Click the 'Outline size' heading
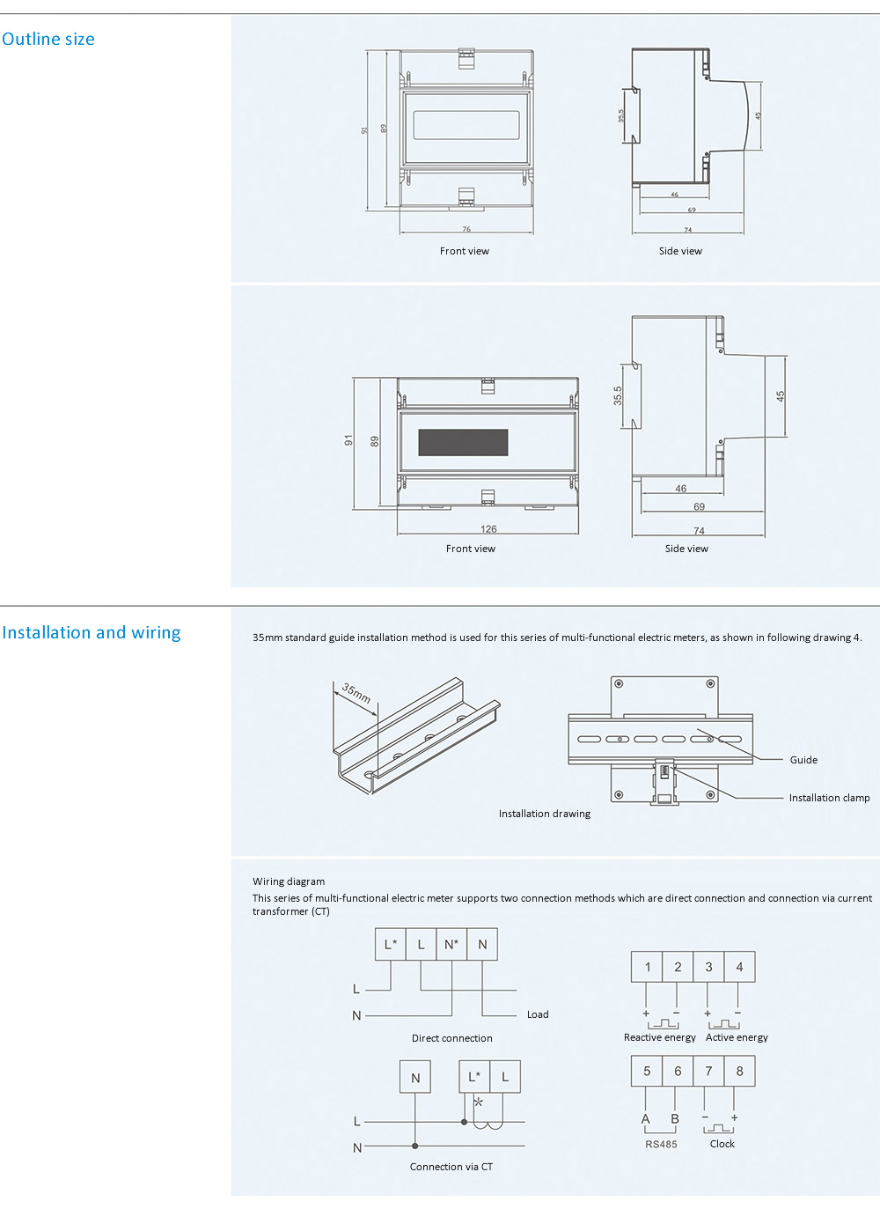(48, 39)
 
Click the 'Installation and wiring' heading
(92, 632)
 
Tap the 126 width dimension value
(488, 529)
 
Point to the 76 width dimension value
(466, 229)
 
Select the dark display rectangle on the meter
(463, 443)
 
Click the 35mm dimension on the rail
(356, 694)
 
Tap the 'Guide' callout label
(803, 760)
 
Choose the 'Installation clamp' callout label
(829, 798)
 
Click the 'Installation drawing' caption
(545, 814)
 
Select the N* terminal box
(451, 945)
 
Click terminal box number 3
(708, 967)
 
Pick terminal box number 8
(739, 1071)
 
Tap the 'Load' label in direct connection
(538, 1014)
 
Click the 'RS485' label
(661, 1144)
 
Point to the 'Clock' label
(722, 1144)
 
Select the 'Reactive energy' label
(659, 1037)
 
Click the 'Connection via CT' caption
(451, 1167)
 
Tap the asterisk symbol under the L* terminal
(478, 1102)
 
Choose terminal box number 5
(647, 1071)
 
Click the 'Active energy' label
(737, 1037)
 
